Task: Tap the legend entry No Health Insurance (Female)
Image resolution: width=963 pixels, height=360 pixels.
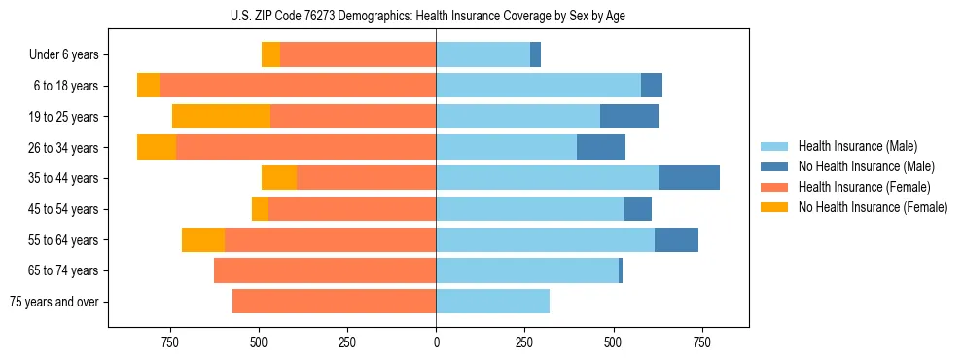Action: click(x=872, y=207)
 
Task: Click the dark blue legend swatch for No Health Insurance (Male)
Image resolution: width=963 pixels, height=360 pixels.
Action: click(x=775, y=166)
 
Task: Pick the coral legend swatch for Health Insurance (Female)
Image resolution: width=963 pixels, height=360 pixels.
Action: click(x=775, y=187)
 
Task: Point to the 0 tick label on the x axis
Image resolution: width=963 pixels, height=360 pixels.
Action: click(x=436, y=342)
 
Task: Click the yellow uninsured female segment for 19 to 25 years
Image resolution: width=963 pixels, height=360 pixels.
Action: click(x=221, y=117)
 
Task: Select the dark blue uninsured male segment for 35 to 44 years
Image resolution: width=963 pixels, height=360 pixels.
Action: click(x=689, y=178)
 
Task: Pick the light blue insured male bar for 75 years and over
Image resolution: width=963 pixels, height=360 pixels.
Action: click(x=492, y=302)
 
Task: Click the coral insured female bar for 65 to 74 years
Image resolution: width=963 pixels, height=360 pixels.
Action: click(x=325, y=270)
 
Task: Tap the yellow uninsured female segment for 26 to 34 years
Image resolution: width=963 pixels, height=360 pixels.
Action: click(x=157, y=147)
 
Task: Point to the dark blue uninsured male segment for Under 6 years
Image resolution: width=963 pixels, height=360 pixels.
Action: click(x=535, y=55)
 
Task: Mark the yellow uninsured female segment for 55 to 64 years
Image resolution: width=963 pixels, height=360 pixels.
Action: click(x=203, y=239)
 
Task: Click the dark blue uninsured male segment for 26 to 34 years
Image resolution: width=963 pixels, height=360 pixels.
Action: click(x=601, y=147)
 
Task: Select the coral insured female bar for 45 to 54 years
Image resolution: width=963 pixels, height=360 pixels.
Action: click(x=352, y=209)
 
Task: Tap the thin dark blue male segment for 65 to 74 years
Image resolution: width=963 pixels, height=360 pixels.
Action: click(x=621, y=270)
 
